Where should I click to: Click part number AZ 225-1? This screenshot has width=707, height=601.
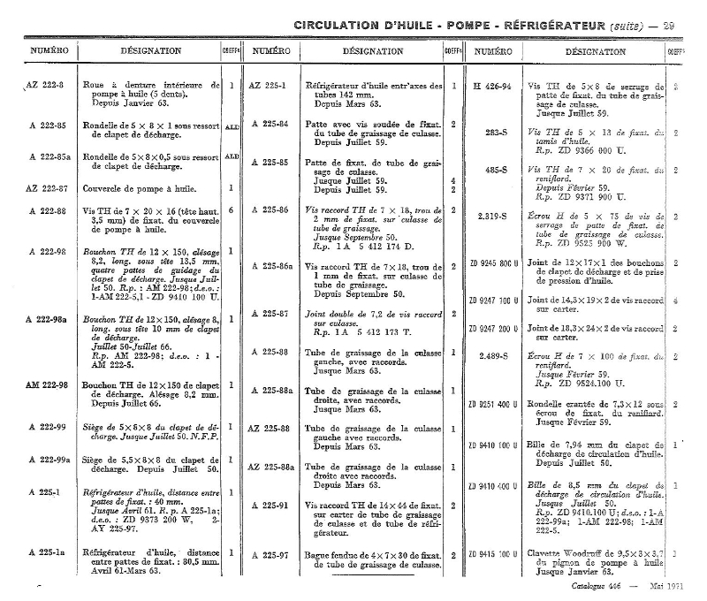(x=267, y=87)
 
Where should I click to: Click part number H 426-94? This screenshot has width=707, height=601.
(x=492, y=87)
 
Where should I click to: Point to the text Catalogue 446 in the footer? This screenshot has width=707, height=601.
(x=598, y=586)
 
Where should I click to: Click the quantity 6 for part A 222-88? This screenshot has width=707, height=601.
(x=231, y=211)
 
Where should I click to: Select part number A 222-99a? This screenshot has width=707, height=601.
(x=48, y=460)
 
